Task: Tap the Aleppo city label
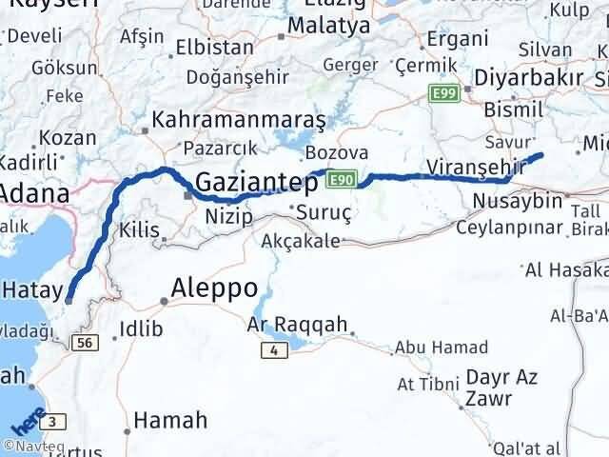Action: (x=214, y=287)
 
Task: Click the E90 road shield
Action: (x=344, y=177)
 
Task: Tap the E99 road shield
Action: (x=444, y=93)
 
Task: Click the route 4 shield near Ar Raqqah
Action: (x=274, y=350)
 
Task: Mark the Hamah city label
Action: (x=170, y=419)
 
